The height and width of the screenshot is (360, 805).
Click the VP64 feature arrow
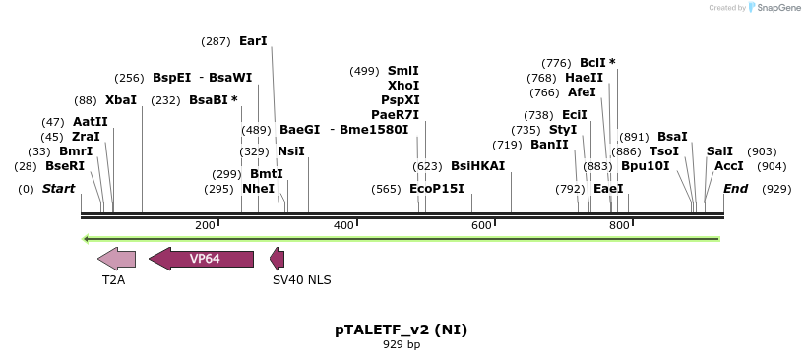click(x=201, y=259)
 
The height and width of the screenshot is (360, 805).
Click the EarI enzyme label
click(x=253, y=41)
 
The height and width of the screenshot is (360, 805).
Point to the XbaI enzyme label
click(x=121, y=100)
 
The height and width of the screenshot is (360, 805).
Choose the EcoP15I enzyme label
click(x=436, y=189)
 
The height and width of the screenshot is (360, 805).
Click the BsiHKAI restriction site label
click(x=477, y=166)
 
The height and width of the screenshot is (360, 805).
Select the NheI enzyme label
click(x=258, y=189)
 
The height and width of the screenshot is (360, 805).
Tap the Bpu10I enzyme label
click(x=645, y=166)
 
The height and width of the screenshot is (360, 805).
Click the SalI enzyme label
click(x=719, y=151)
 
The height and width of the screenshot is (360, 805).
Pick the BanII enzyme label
click(x=549, y=145)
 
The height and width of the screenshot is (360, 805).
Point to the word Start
click(x=58, y=189)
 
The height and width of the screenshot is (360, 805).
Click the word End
click(x=735, y=189)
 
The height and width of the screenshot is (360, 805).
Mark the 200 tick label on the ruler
click(x=205, y=226)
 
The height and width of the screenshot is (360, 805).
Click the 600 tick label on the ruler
click(x=481, y=226)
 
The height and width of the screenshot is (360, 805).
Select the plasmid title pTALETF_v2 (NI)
click(x=401, y=330)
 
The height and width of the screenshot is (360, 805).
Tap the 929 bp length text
click(x=401, y=345)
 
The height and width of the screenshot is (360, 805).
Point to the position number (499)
click(x=364, y=71)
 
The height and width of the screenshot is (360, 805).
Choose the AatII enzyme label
click(x=91, y=122)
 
